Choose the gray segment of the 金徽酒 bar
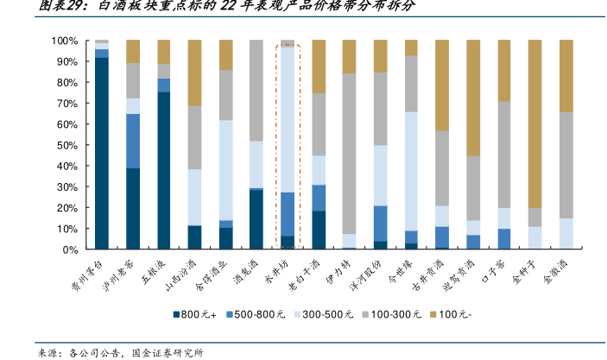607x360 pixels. (566, 165)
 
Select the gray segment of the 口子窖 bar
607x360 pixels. (503, 155)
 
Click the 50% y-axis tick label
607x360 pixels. (68, 145)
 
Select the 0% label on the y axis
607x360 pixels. (71, 249)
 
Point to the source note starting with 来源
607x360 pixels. (120, 351)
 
